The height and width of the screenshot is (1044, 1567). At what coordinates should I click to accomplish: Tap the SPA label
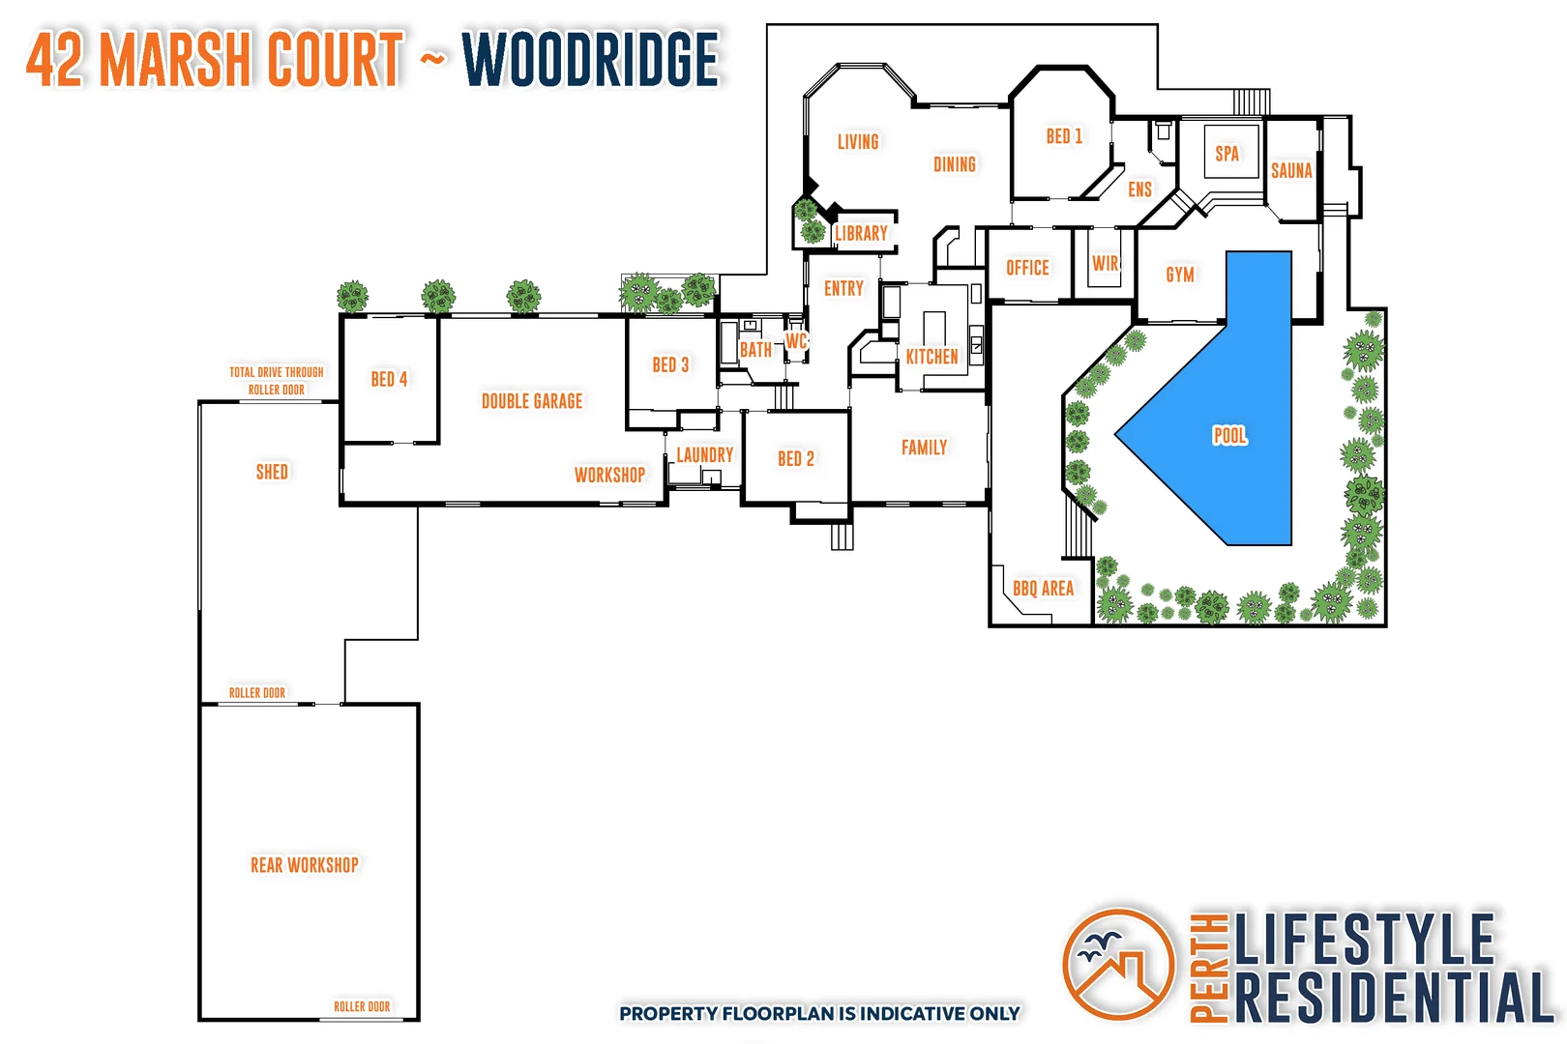1227,154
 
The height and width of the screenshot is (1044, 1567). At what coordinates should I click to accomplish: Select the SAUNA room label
1291,171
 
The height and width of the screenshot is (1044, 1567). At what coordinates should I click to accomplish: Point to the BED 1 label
1064,137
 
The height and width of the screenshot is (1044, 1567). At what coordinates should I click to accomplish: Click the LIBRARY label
861,234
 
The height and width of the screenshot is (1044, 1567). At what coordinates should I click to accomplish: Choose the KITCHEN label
931,357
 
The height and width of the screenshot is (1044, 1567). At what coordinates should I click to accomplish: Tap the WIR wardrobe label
1105,264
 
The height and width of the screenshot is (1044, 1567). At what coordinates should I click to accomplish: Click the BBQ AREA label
1043,589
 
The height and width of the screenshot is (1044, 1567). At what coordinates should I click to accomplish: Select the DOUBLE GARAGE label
532,401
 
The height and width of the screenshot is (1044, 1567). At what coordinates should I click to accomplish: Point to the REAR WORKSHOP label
305,865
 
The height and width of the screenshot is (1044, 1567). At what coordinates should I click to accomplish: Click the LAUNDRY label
704,454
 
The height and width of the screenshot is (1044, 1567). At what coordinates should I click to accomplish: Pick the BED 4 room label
389,379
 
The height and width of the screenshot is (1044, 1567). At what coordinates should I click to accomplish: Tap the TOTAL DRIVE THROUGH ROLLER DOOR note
277,381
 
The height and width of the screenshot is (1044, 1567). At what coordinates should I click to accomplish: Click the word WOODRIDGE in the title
590,60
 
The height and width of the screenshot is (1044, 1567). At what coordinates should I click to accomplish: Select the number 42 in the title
56,60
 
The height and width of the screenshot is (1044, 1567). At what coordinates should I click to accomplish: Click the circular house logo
1118,964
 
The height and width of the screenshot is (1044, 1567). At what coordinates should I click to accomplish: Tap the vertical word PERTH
1209,967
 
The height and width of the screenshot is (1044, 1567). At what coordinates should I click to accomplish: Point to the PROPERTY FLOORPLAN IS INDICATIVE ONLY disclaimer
819,1013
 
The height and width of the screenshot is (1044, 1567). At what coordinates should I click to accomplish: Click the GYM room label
1180,275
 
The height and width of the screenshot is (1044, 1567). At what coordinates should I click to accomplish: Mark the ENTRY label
843,288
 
